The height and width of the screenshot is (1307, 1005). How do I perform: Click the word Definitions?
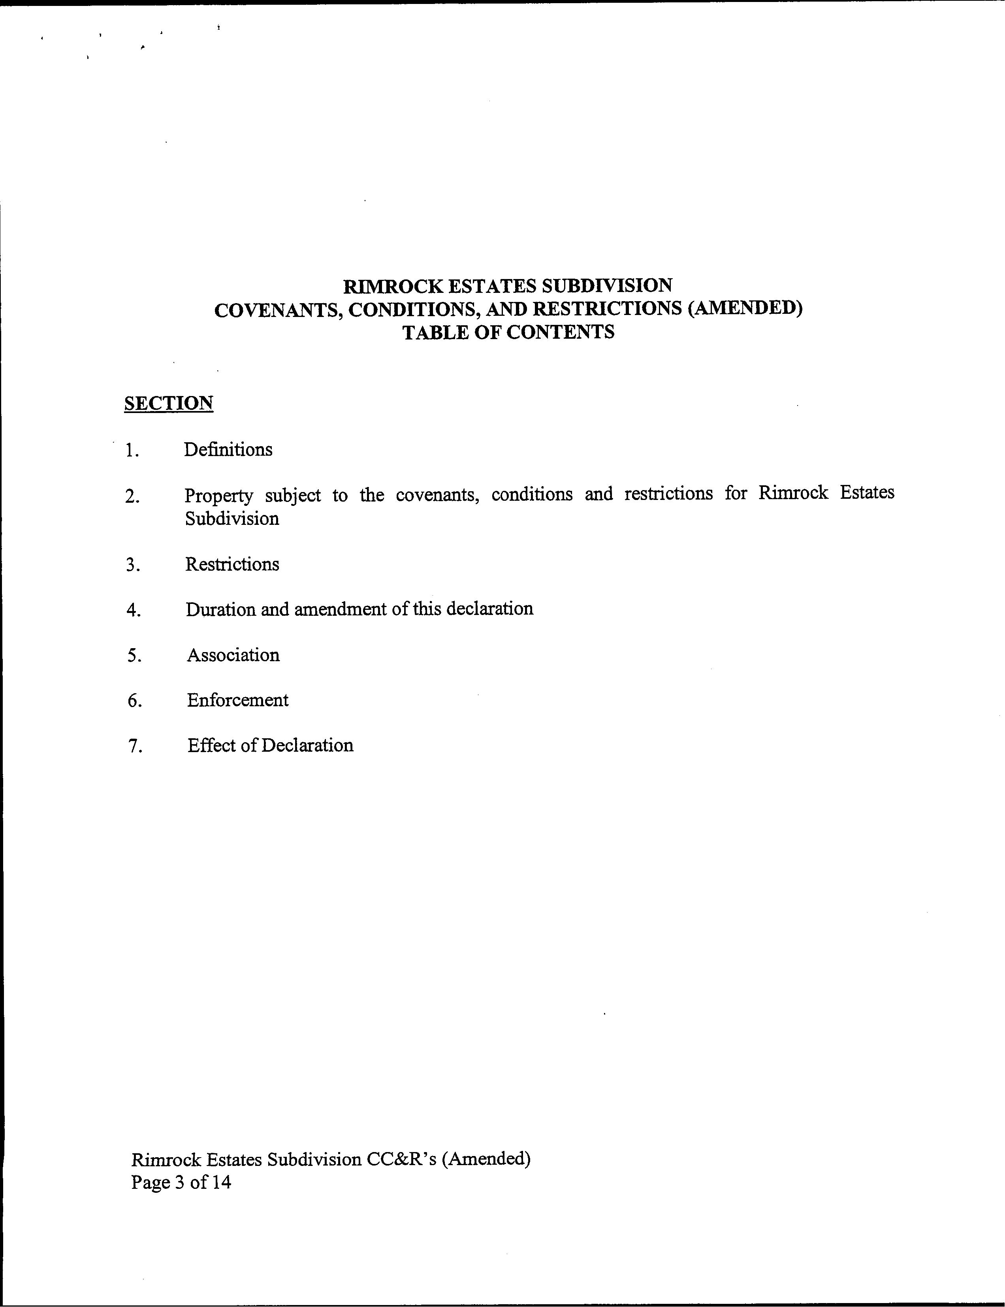pyautogui.click(x=228, y=449)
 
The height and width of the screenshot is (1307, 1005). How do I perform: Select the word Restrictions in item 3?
pyautogui.click(x=232, y=564)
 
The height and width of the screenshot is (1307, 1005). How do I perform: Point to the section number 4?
pyautogui.click(x=134, y=610)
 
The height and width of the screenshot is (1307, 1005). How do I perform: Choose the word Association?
pyautogui.click(x=233, y=655)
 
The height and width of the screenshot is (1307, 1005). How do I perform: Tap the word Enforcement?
pyautogui.click(x=237, y=700)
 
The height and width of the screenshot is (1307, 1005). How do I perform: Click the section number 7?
pyautogui.click(x=135, y=746)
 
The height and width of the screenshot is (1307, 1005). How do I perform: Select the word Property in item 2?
pyautogui.click(x=219, y=496)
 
